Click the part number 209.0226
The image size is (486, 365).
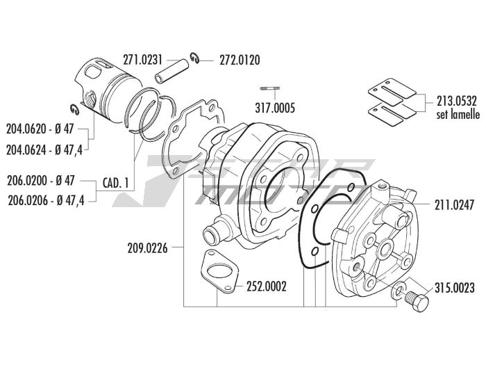[x=148, y=246]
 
